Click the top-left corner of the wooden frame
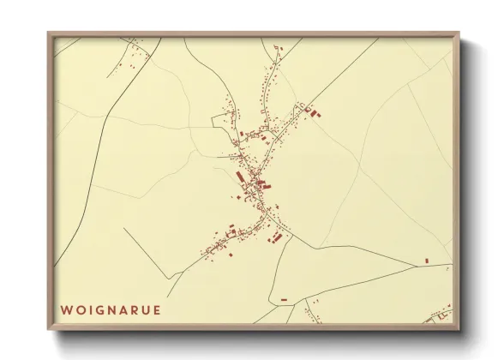point(49,33)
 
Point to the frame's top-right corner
point(459,33)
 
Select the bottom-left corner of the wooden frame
point(49,330)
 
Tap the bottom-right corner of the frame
point(459,330)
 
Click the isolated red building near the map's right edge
point(426,260)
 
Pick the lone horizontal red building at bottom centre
point(284,299)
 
